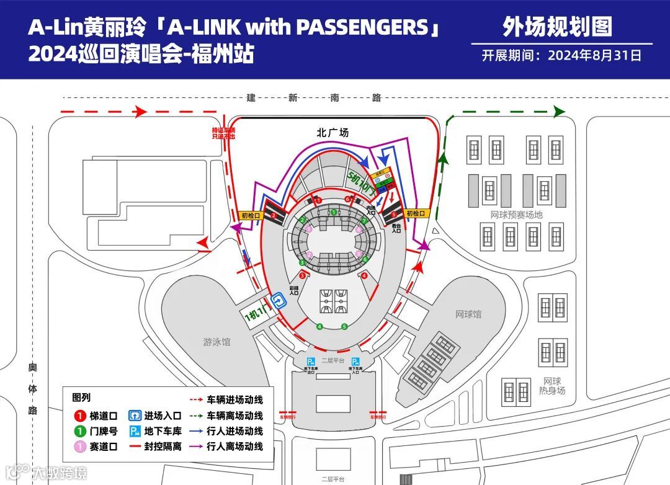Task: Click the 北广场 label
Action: [x=333, y=132]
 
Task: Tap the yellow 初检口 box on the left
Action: [x=252, y=215]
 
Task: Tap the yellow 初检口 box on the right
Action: [x=417, y=213]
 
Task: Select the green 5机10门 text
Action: [x=362, y=182]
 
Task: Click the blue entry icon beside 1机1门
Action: [x=279, y=301]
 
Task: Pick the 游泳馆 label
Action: [x=217, y=342]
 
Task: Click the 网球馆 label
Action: [x=468, y=314]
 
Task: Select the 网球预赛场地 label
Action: [x=516, y=215]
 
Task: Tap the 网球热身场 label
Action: [x=552, y=386]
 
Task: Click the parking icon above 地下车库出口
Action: [x=311, y=362]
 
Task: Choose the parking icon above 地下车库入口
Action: [x=355, y=362]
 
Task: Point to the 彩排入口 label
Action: [x=294, y=291]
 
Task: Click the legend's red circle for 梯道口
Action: [x=79, y=416]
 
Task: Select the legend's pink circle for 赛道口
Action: [x=79, y=446]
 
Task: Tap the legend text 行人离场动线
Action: [x=235, y=446]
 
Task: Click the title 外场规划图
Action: [x=557, y=27]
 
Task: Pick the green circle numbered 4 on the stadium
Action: [x=319, y=326]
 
